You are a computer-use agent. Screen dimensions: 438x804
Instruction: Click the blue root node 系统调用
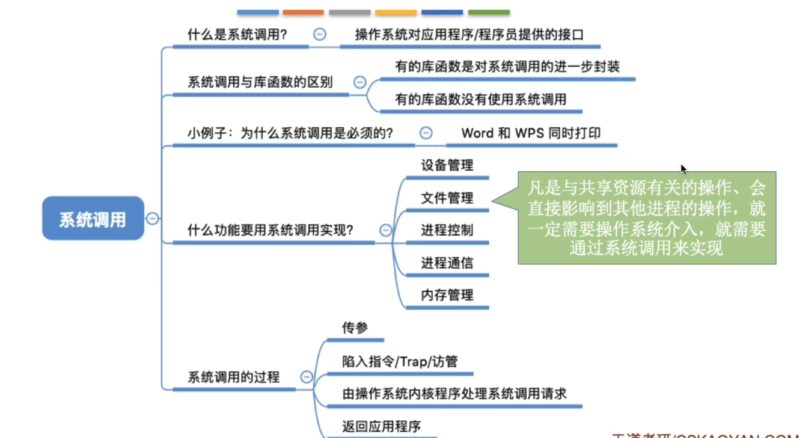pyautogui.click(x=93, y=218)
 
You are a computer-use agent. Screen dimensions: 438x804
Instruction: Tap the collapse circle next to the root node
pyautogui.click(x=152, y=218)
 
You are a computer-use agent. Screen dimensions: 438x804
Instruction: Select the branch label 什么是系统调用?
pyautogui.click(x=237, y=35)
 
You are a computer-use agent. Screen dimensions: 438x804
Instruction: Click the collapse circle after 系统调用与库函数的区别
pyautogui.click(x=360, y=82)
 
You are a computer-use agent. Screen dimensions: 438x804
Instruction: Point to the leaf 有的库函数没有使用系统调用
pyautogui.click(x=480, y=99)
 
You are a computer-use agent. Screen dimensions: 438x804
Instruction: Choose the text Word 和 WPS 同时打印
pyautogui.click(x=531, y=133)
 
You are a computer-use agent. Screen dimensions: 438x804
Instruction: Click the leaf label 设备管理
pyautogui.click(x=447, y=165)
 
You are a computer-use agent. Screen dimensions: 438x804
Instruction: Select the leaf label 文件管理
pyautogui.click(x=447, y=198)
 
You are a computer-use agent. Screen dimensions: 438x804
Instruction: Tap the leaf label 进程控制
pyautogui.click(x=447, y=230)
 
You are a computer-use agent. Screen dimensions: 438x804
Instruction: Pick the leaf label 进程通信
pyautogui.click(x=447, y=263)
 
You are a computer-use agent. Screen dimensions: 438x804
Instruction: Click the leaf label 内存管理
pyautogui.click(x=447, y=295)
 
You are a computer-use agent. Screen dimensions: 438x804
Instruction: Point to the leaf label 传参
pyautogui.click(x=355, y=328)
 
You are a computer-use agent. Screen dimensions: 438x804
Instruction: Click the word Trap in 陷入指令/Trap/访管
pyautogui.click(x=413, y=362)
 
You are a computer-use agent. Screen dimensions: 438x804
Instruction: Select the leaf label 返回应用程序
pyautogui.click(x=381, y=426)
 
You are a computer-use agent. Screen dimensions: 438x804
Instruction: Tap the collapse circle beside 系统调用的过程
pyautogui.click(x=307, y=377)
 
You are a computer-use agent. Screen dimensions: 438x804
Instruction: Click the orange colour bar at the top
pyautogui.click(x=303, y=12)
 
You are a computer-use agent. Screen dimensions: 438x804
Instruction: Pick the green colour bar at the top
pyautogui.click(x=489, y=12)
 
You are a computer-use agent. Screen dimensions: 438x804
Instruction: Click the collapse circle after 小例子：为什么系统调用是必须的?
pyautogui.click(x=426, y=133)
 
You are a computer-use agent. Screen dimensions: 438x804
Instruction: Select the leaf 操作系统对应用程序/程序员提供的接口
pyautogui.click(x=469, y=35)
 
